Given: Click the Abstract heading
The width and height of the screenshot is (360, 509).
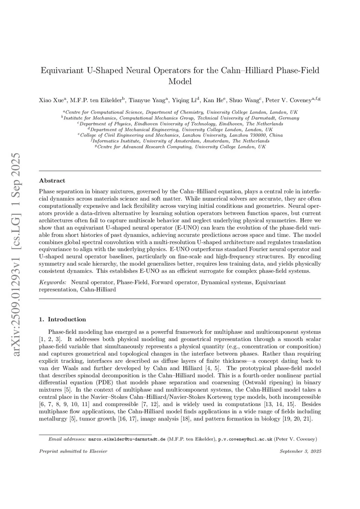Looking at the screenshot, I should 52,181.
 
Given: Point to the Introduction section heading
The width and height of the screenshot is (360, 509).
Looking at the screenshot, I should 67,320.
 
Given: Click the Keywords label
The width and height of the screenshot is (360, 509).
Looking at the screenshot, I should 53,282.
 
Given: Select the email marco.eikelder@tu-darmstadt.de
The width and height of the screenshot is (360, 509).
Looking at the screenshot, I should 127,439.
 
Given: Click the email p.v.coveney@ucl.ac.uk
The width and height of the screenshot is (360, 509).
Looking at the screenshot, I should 245,439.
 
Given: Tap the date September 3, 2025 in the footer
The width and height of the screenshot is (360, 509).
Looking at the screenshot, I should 300,451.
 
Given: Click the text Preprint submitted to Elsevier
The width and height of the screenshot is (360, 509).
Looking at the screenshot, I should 73,451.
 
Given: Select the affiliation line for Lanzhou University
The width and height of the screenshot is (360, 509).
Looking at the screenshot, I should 180,135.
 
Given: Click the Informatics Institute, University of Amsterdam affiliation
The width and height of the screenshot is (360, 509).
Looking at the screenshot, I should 180,141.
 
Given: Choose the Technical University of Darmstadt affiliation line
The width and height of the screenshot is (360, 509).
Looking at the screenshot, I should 180,118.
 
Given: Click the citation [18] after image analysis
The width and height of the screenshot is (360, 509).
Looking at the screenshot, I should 185,419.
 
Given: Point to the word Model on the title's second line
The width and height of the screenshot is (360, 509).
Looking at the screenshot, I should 180,82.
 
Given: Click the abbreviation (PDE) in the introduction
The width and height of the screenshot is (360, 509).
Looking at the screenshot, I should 104,382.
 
